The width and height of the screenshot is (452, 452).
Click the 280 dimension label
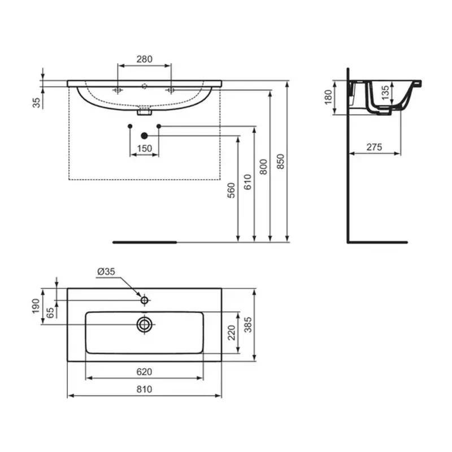(x=144, y=59)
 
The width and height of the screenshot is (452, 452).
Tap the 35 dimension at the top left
(x=37, y=102)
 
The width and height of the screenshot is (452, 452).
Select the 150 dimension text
(x=144, y=148)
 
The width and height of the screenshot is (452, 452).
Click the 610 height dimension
(x=247, y=181)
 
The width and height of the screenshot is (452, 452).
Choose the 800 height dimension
(x=264, y=167)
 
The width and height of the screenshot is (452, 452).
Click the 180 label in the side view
(x=329, y=97)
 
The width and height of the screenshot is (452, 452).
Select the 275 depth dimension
(x=374, y=147)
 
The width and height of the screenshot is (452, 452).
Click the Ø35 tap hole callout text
(x=106, y=272)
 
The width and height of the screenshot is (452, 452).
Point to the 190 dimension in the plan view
(x=37, y=305)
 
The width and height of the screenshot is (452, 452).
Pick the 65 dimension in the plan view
(x=51, y=311)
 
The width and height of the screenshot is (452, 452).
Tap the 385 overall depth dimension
(x=247, y=323)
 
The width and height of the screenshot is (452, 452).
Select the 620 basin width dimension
(x=144, y=372)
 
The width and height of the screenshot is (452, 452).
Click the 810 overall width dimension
(x=144, y=389)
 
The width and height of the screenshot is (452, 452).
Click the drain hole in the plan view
(x=145, y=323)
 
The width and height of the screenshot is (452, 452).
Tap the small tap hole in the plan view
(x=145, y=300)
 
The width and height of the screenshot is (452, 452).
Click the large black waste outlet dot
(x=145, y=136)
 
